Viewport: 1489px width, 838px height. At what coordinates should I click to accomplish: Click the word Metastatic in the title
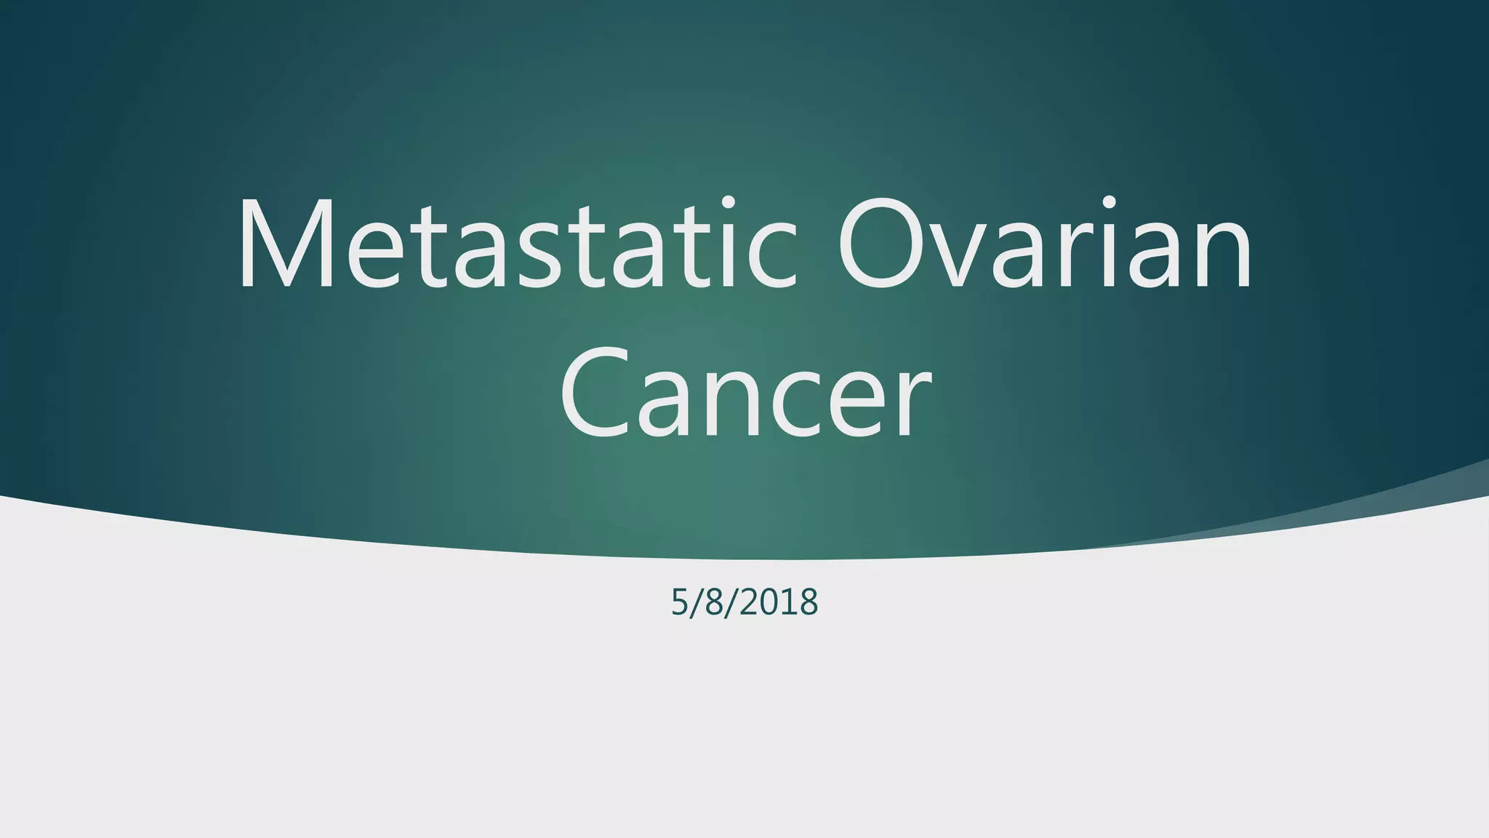pos(516,244)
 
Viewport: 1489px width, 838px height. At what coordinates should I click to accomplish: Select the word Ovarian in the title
pos(1045,244)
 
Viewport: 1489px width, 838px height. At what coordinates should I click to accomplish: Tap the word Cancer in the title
pos(744,393)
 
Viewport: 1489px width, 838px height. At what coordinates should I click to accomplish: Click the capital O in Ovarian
pos(883,244)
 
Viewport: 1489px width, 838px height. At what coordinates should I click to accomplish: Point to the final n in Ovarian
pos(1221,255)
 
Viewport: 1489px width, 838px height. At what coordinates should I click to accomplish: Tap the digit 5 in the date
pos(679,603)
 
